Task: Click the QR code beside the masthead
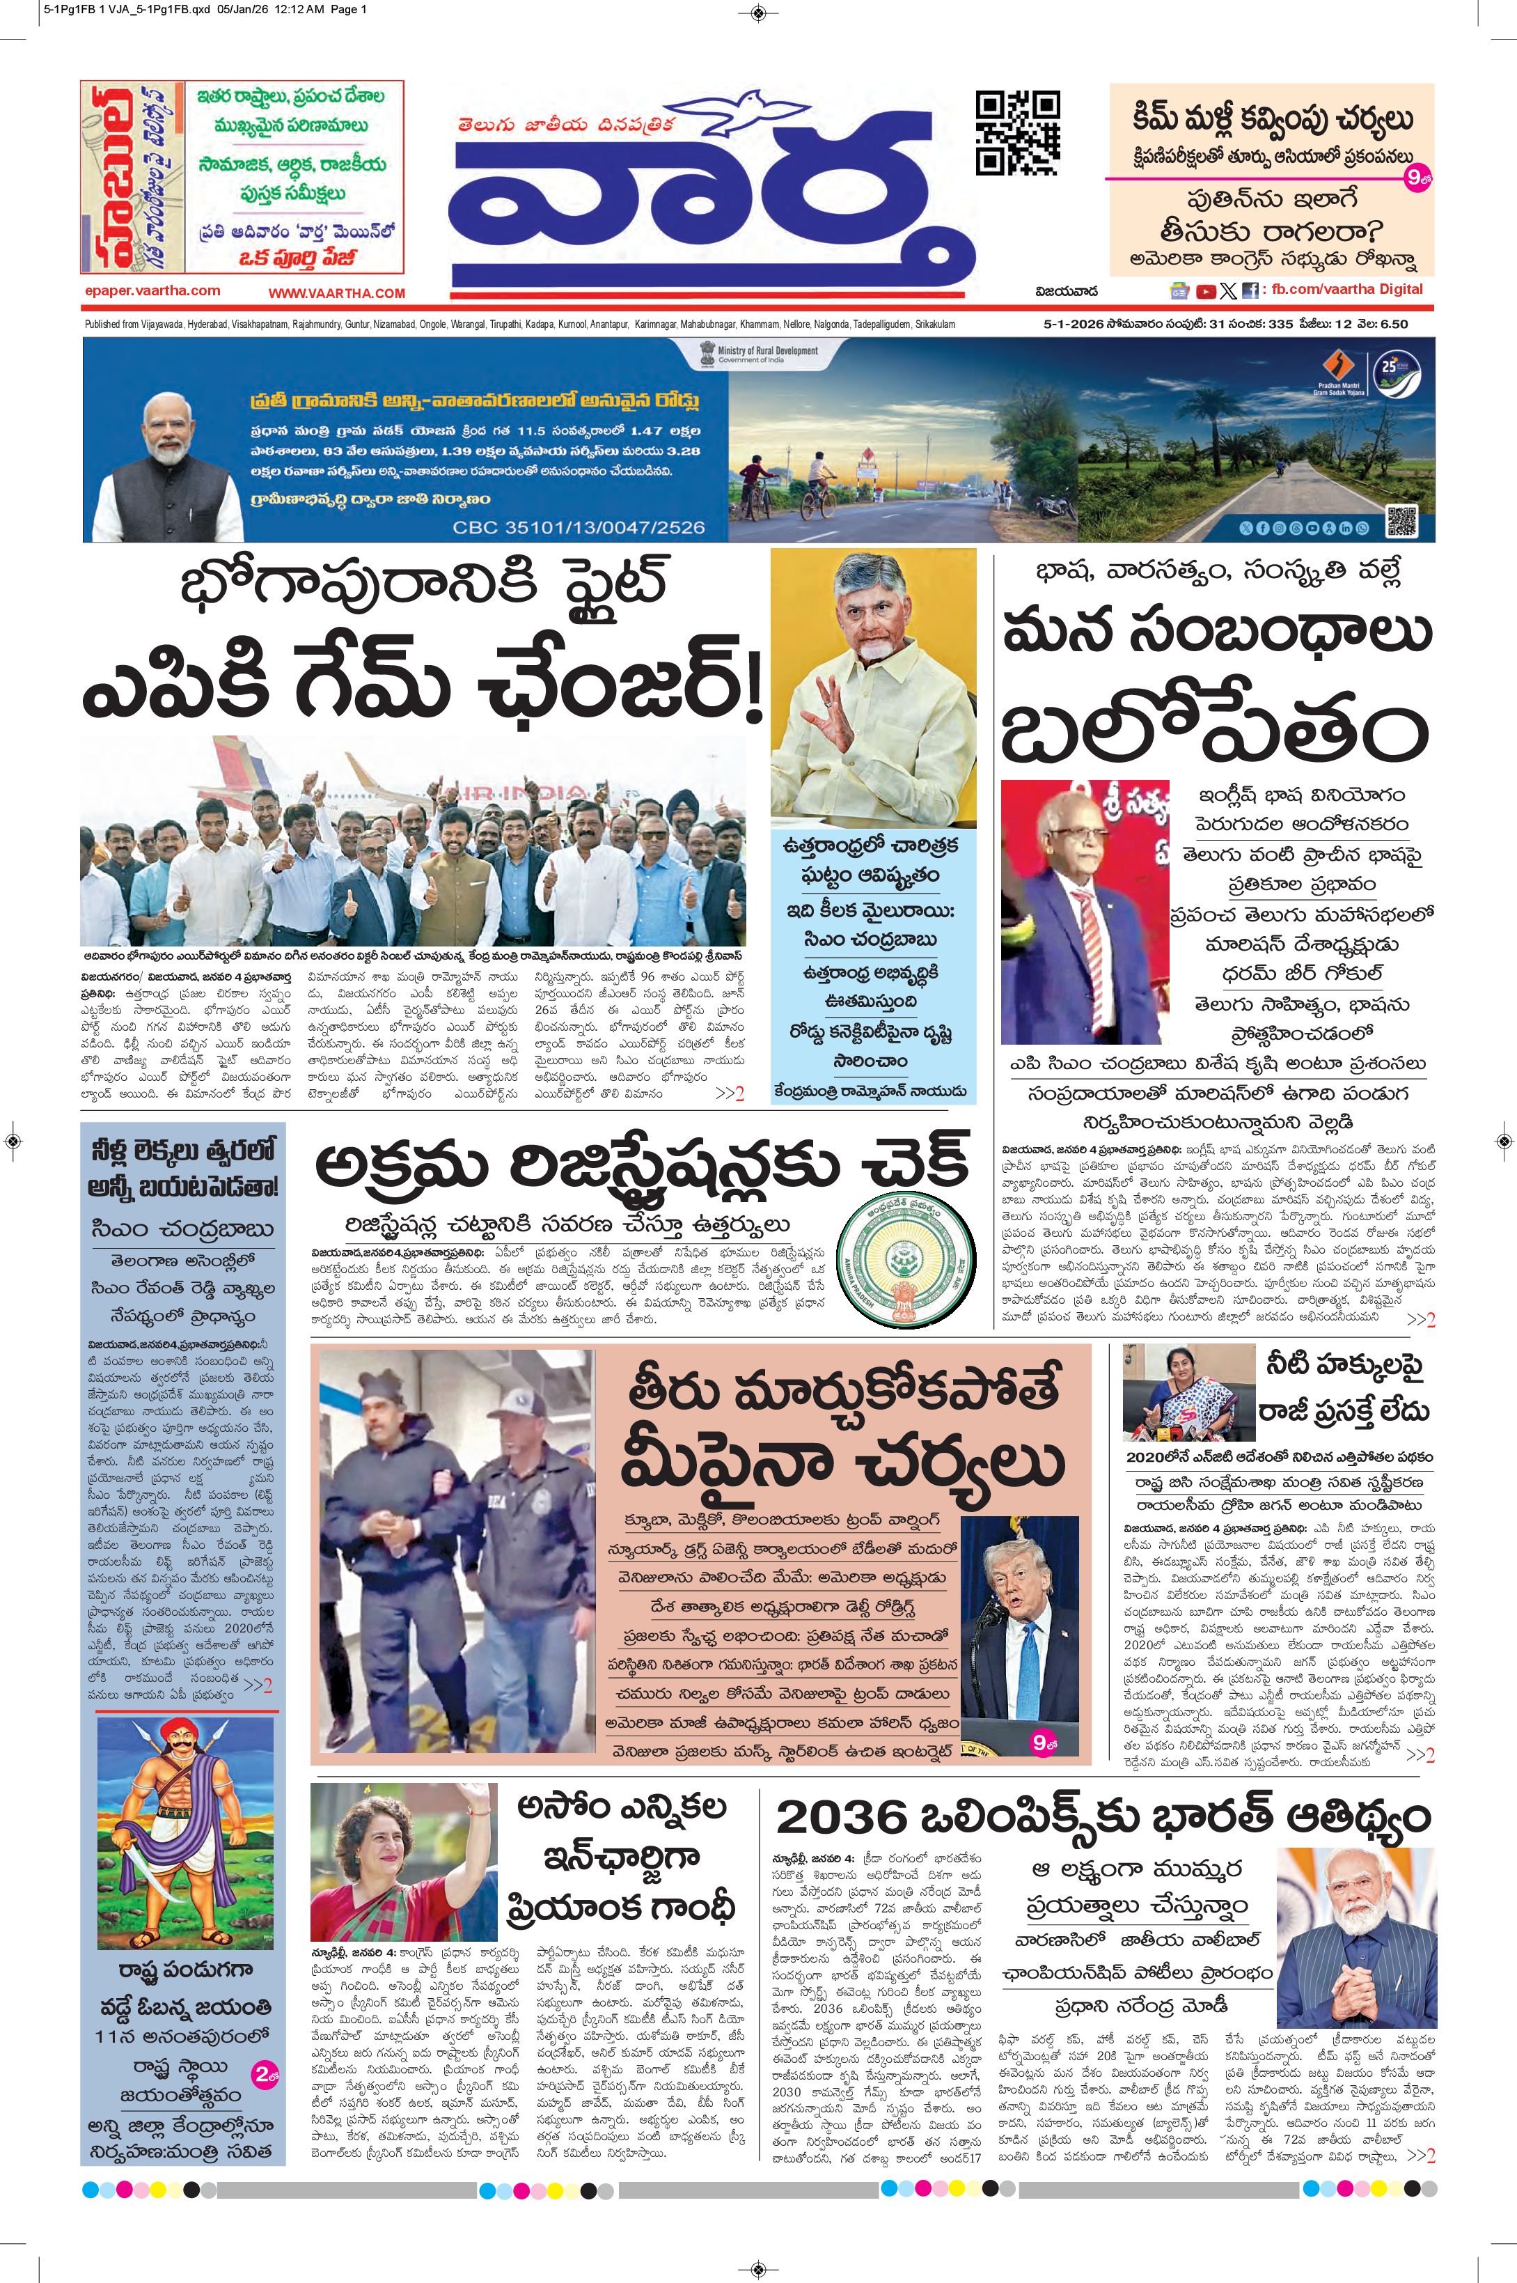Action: click(x=1017, y=132)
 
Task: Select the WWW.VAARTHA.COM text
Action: click(x=337, y=293)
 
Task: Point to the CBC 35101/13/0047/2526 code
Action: click(x=579, y=527)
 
